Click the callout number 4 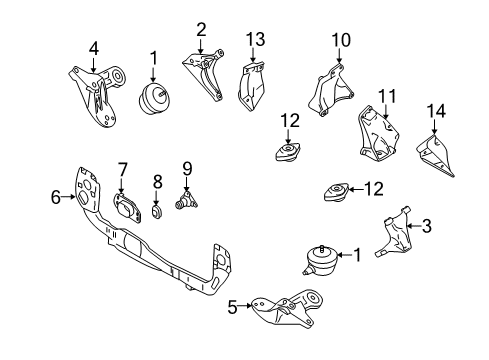point(94,49)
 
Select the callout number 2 point(201,30)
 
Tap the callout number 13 point(256,39)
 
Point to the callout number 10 point(341,40)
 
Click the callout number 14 point(436,111)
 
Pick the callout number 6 point(56,197)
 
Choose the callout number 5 point(232,307)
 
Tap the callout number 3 point(427,226)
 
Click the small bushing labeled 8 point(157,212)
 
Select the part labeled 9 point(186,201)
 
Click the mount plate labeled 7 point(127,208)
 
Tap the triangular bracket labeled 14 point(436,155)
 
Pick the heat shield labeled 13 point(251,86)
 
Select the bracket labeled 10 point(330,89)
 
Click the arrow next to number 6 point(69,197)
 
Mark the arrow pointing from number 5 point(245,305)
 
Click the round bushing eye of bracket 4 point(117,76)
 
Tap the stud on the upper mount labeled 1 point(162,93)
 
